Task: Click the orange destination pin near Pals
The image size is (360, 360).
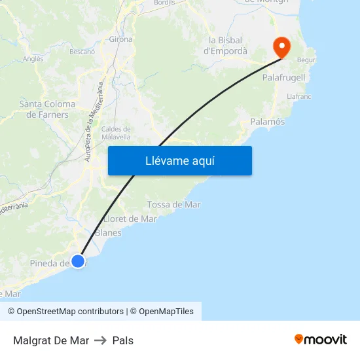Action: click(x=281, y=46)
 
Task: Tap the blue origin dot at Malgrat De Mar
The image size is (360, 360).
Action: click(x=78, y=261)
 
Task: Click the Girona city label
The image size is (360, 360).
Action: click(x=121, y=39)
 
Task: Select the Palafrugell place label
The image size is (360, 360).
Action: click(x=283, y=77)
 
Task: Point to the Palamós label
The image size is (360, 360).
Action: click(x=268, y=122)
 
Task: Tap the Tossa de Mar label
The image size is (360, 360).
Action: click(x=173, y=204)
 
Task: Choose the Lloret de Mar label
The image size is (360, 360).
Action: click(x=130, y=219)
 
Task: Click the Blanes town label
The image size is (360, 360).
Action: click(x=108, y=232)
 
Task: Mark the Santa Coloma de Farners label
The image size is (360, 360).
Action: click(x=47, y=109)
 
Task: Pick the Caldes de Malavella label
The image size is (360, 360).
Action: click(x=116, y=133)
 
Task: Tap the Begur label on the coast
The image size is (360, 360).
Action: click(x=306, y=60)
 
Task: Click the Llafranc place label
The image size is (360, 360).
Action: click(x=298, y=96)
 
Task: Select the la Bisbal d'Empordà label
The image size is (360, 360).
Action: click(x=226, y=45)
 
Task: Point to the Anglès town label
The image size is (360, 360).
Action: click(x=33, y=59)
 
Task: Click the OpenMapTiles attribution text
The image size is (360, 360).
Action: click(x=166, y=312)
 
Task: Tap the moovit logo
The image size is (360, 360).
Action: click(x=321, y=339)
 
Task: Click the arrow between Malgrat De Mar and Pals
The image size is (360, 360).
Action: click(x=101, y=340)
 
